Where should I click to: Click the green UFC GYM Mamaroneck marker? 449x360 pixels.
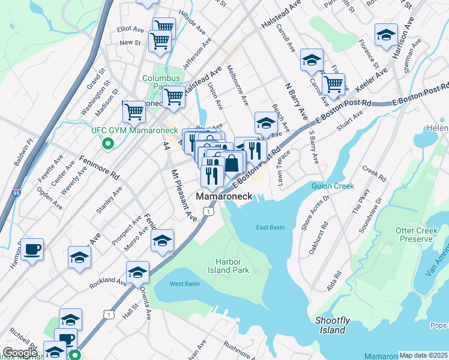tap(107, 143)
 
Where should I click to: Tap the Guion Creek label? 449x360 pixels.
tap(333, 187)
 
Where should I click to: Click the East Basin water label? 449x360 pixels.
tap(270, 227)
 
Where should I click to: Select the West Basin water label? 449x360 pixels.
tap(184, 284)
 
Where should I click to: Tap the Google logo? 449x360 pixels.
tap(20, 353)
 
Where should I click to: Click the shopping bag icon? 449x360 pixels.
tap(232, 163)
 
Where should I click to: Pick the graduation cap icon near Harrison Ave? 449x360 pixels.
tap(386, 34)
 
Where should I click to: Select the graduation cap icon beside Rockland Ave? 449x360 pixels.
tap(137, 272)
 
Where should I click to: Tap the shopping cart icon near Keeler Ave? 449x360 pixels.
tap(333, 85)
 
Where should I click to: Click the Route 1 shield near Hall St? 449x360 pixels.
tap(107, 314)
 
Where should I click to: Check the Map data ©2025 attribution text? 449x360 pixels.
tap(423, 355)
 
